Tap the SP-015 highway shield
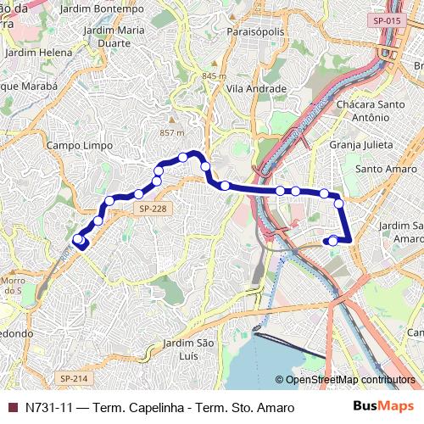(x=386, y=19)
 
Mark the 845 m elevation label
(x=215, y=75)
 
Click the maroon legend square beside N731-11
(x=12, y=408)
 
